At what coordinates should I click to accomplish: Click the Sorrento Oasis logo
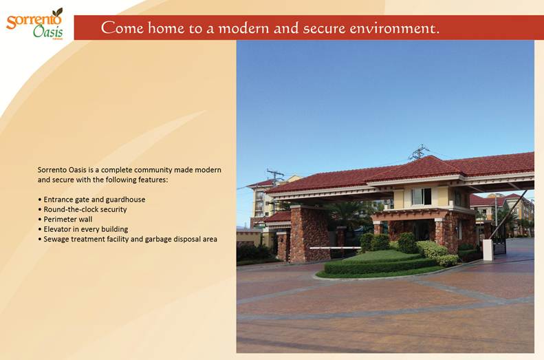(34, 23)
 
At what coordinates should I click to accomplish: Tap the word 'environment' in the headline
(392, 28)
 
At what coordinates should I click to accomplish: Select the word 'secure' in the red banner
(324, 28)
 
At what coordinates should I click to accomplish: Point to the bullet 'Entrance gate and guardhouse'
(92, 200)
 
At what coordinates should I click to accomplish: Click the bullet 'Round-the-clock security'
(83, 209)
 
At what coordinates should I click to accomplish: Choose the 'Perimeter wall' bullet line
(65, 219)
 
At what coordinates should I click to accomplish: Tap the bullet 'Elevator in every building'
(83, 229)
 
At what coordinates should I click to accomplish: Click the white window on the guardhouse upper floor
(421, 196)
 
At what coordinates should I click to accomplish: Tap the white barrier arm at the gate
(335, 248)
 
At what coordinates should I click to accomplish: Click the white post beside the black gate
(488, 250)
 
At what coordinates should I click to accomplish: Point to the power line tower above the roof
(419, 152)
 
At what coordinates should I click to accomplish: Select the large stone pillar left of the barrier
(309, 234)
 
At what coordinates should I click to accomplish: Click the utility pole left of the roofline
(276, 177)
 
